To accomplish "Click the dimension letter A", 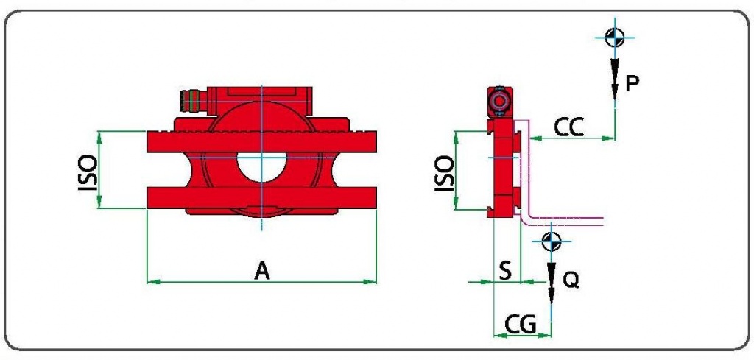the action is (263, 271).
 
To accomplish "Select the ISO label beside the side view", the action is (444, 174).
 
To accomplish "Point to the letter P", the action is (632, 84).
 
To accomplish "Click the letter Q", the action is (571, 280).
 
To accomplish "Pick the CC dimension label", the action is (569, 127).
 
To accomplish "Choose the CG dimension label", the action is (520, 325).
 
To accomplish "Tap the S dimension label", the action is (505, 272).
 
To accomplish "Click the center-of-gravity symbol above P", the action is (615, 38).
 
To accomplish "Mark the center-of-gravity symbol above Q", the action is (552, 241).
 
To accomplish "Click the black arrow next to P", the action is (615, 78).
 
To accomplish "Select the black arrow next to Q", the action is (552, 283).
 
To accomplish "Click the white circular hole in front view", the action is (261, 167).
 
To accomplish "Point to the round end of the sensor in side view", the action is (500, 102).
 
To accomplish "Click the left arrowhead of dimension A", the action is (153, 282).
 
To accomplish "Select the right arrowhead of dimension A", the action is (370, 282).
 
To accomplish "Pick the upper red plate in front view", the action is (261, 142).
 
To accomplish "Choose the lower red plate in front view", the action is (261, 197).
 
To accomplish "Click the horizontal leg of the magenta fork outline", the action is (565, 221).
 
